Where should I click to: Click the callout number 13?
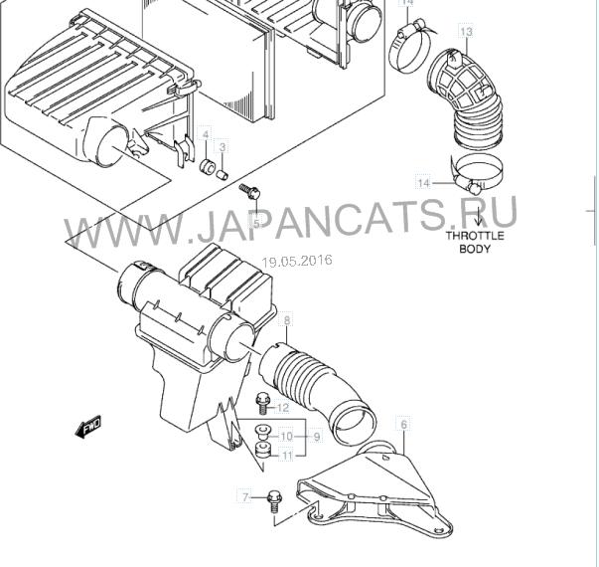[466, 32]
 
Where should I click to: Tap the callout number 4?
[206, 134]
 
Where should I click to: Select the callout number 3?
[223, 147]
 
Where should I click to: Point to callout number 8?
[287, 320]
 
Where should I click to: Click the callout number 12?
[282, 408]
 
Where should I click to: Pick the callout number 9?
[317, 437]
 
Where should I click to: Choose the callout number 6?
[404, 424]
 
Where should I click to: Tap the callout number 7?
[245, 497]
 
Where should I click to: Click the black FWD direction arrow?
[88, 426]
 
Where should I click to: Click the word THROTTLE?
[475, 236]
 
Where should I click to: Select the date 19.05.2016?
[297, 261]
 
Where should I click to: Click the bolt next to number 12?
[263, 404]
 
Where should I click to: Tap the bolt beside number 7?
[273, 502]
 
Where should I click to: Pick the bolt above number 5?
[249, 191]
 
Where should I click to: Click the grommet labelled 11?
[262, 450]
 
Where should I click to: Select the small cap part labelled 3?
[222, 175]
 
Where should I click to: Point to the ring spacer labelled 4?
[207, 167]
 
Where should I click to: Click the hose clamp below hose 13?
[476, 173]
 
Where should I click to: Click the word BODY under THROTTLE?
[475, 249]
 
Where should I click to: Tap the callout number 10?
[286, 437]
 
